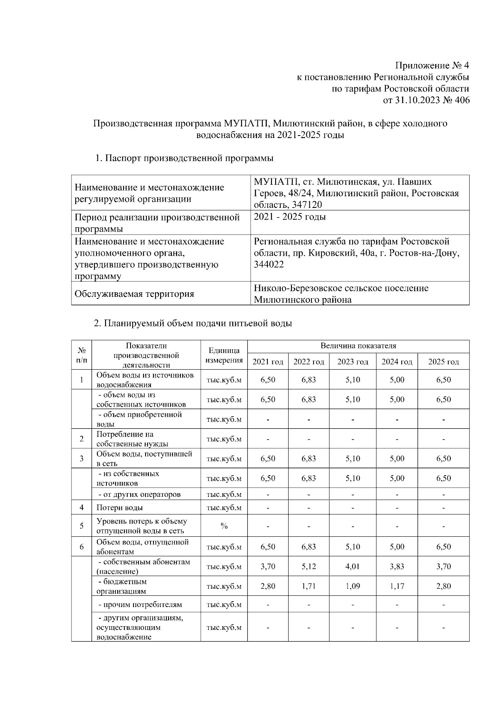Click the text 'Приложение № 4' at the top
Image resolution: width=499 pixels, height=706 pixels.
point(432,66)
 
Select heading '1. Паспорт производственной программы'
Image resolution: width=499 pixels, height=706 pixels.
point(184,158)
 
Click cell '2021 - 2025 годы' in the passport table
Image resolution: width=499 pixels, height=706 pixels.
point(290,217)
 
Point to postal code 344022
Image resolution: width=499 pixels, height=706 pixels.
point(269,264)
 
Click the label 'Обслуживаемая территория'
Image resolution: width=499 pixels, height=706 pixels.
point(134,294)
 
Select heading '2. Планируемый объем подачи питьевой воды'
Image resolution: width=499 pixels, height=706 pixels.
point(193,323)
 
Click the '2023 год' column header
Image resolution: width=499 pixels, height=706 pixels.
point(353,362)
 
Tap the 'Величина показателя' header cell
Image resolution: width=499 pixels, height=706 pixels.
point(358,346)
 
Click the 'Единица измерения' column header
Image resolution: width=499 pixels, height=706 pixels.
point(224,355)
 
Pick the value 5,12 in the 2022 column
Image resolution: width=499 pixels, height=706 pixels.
point(309,566)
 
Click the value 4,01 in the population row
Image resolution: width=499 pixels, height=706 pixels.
point(353,566)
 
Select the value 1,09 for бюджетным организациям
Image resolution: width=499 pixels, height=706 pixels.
point(353,586)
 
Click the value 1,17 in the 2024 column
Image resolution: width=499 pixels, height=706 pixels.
point(397,586)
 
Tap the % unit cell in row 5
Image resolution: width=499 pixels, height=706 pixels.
point(224,526)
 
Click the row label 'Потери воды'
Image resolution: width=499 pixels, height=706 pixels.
point(120,508)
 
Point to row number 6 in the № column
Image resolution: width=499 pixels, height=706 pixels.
point(82,547)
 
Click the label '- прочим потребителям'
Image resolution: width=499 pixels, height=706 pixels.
point(140,605)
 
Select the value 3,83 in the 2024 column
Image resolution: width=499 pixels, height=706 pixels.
point(397,566)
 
